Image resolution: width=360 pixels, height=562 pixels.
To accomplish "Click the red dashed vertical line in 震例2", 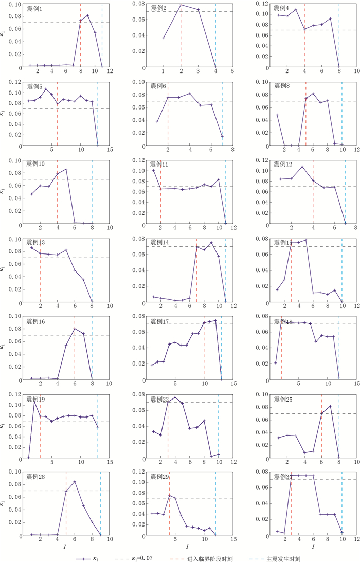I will tap(181, 41).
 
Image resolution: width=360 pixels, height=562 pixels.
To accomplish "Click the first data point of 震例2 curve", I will tap(164, 38).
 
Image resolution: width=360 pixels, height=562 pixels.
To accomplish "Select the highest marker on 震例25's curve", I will tap(330, 406).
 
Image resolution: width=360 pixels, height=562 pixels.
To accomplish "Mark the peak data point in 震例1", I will tap(88, 15).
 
